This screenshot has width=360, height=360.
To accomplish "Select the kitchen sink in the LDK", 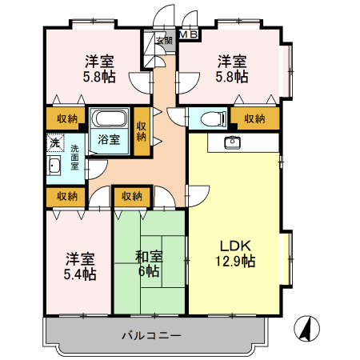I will pos(233,143).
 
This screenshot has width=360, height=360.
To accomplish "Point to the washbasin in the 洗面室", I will pos(54,167).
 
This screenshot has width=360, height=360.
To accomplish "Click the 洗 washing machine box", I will pos(54,142).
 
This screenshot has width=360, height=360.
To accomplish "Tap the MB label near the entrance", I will pos(189,34).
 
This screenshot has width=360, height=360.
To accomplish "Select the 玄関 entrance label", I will pos(163,40).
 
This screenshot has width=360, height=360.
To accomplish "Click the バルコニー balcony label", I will pos(152,334).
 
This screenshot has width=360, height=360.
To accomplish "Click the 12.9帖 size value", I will pos(234,262).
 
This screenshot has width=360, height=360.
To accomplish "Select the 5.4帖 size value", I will pos(80,274).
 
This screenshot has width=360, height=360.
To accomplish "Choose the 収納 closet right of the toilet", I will pos(254,118).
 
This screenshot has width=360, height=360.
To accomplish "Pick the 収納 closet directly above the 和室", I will pos(132,195).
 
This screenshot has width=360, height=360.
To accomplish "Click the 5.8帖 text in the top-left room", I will pos(99,77).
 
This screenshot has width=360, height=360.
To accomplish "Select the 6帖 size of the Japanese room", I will pos(149,272).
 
